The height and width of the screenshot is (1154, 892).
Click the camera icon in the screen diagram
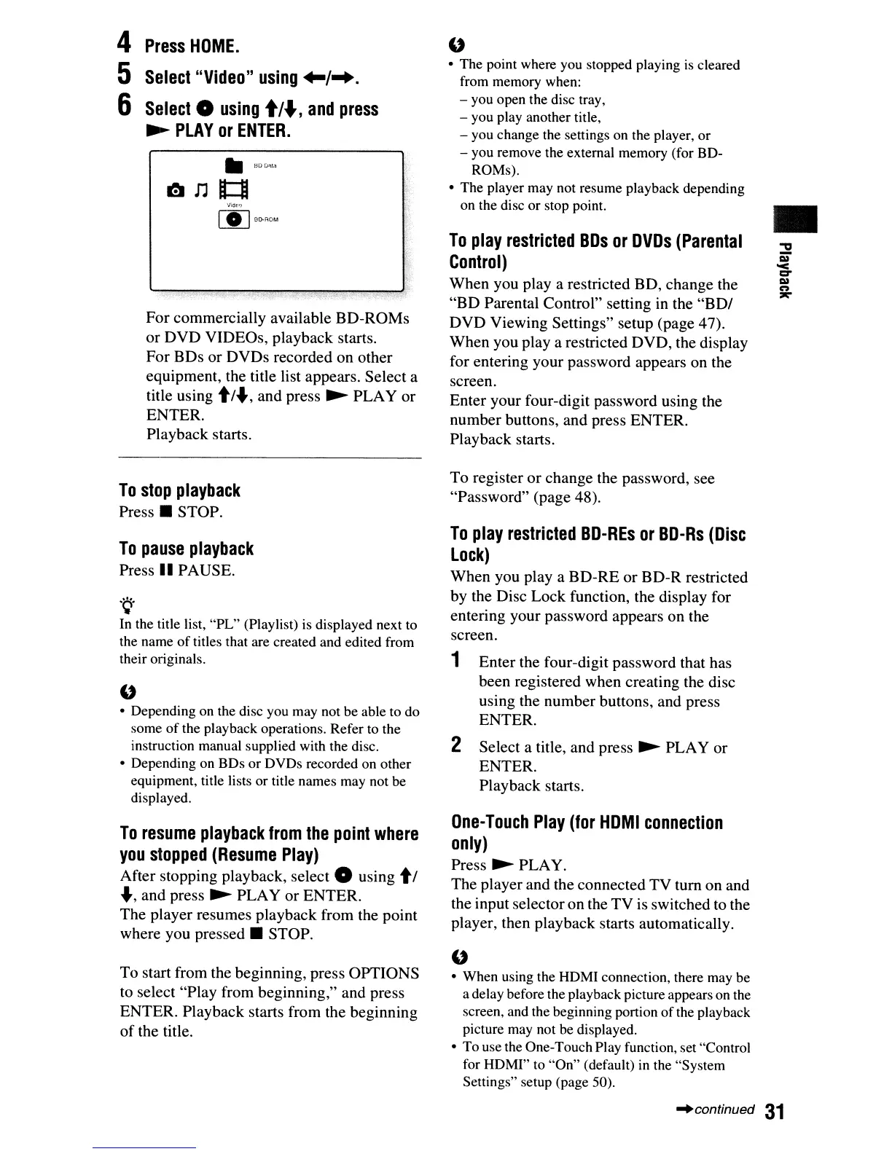(176, 191)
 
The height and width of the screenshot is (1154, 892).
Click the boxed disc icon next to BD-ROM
(233, 219)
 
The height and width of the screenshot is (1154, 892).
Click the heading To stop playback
(179, 490)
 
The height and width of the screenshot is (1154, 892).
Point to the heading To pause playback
(187, 549)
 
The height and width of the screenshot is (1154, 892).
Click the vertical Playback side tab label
(784, 268)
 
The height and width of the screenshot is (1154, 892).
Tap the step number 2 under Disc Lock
(456, 745)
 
